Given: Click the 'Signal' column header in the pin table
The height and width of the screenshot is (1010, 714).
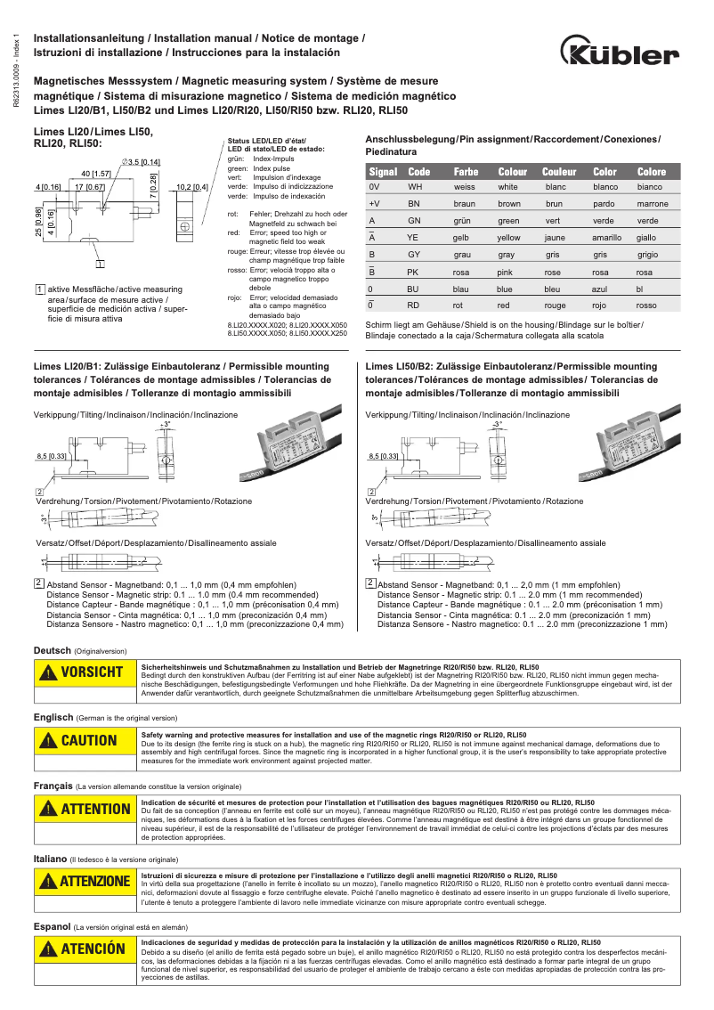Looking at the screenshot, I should coord(383,172).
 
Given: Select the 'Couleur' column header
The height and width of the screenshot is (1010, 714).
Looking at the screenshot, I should coord(559,172).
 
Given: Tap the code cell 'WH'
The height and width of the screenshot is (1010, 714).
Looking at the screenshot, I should coord(415,187).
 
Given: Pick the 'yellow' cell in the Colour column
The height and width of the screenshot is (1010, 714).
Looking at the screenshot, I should coord(509,238).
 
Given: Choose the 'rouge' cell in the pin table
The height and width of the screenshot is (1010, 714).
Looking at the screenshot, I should coord(555,305).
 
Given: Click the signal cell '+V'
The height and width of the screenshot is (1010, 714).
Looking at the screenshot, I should coord(375,204).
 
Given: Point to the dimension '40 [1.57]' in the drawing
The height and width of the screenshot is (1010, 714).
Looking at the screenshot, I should coord(95,173).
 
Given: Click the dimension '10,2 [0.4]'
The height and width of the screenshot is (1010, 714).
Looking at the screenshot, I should coord(191,187).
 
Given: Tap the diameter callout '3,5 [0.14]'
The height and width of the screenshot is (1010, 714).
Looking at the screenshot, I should coord(142,161).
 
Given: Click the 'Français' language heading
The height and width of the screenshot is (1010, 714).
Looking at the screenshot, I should coord(53,786).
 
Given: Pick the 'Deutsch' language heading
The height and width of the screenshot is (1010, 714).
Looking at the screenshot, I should coord(53,650).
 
